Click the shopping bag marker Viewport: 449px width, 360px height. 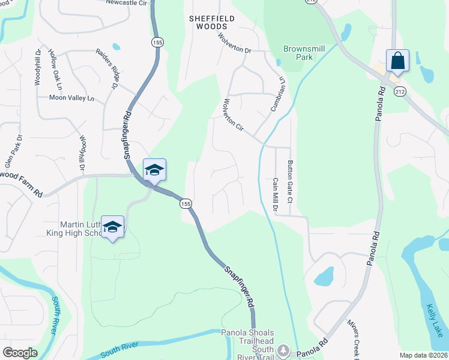[x=397, y=61]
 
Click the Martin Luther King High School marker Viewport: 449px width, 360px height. [x=112, y=227]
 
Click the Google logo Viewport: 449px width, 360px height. [x=20, y=352]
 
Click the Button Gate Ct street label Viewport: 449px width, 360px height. [x=289, y=181]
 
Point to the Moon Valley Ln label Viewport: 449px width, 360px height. [x=72, y=98]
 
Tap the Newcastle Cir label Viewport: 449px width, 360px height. [x=126, y=3]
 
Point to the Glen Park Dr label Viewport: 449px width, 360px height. [x=13, y=150]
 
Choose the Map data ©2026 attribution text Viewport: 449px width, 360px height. [x=424, y=355]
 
